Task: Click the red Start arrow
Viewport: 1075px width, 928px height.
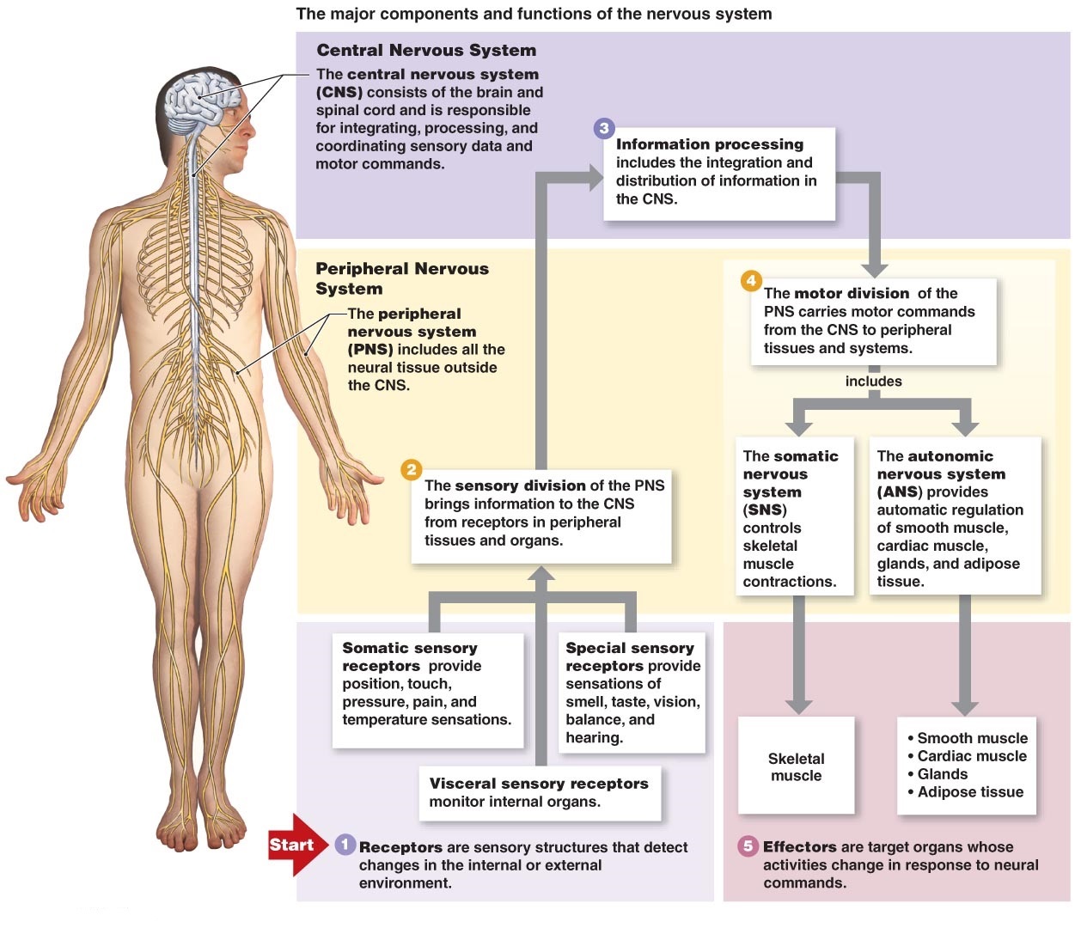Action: click(x=295, y=845)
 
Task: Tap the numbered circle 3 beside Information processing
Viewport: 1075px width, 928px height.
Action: click(x=604, y=128)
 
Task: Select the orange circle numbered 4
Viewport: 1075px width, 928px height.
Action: click(x=751, y=280)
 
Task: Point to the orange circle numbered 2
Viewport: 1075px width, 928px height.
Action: click(x=411, y=469)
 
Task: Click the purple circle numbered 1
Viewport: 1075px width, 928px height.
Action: click(x=345, y=845)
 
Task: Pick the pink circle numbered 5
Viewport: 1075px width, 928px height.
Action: click(x=748, y=846)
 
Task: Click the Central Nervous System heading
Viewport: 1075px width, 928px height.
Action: click(x=425, y=50)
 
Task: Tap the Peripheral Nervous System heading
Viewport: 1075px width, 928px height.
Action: click(x=401, y=278)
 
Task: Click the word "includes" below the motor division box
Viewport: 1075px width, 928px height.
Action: click(x=873, y=381)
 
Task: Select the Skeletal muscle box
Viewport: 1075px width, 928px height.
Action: click(x=796, y=766)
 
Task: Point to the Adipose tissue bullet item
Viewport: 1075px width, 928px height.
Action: click(x=970, y=792)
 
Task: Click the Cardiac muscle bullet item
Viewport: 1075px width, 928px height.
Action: click(x=971, y=756)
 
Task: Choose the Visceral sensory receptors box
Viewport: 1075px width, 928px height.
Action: click(x=539, y=792)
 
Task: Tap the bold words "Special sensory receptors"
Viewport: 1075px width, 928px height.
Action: click(x=629, y=656)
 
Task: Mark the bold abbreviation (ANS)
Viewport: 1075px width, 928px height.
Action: click(x=899, y=491)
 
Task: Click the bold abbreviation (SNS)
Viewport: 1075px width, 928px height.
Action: click(x=764, y=510)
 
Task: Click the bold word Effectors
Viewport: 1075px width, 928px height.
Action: click(x=799, y=846)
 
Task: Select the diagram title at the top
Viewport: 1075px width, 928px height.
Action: click(x=534, y=14)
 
